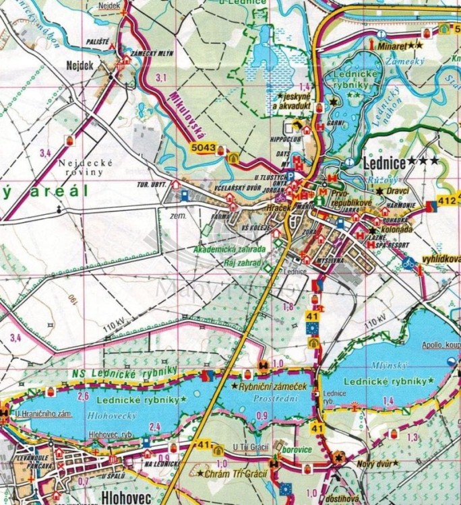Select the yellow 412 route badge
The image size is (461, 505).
coord(445,200)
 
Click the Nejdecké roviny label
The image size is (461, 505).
coord(81,167)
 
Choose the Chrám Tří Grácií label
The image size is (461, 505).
coord(233,473)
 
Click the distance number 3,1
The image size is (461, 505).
coord(160,79)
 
